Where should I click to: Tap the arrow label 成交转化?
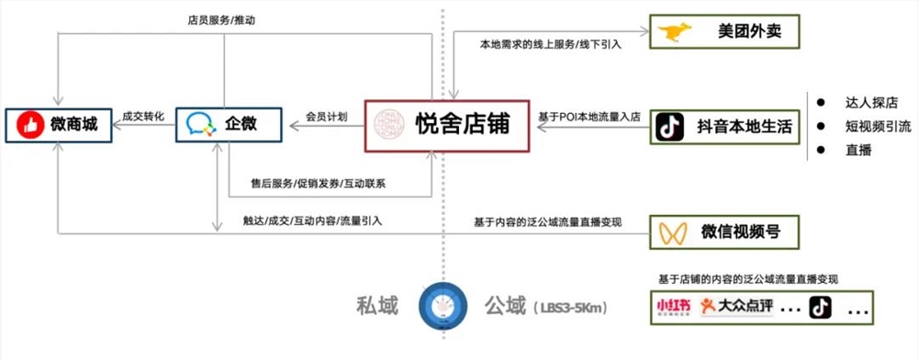143,116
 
